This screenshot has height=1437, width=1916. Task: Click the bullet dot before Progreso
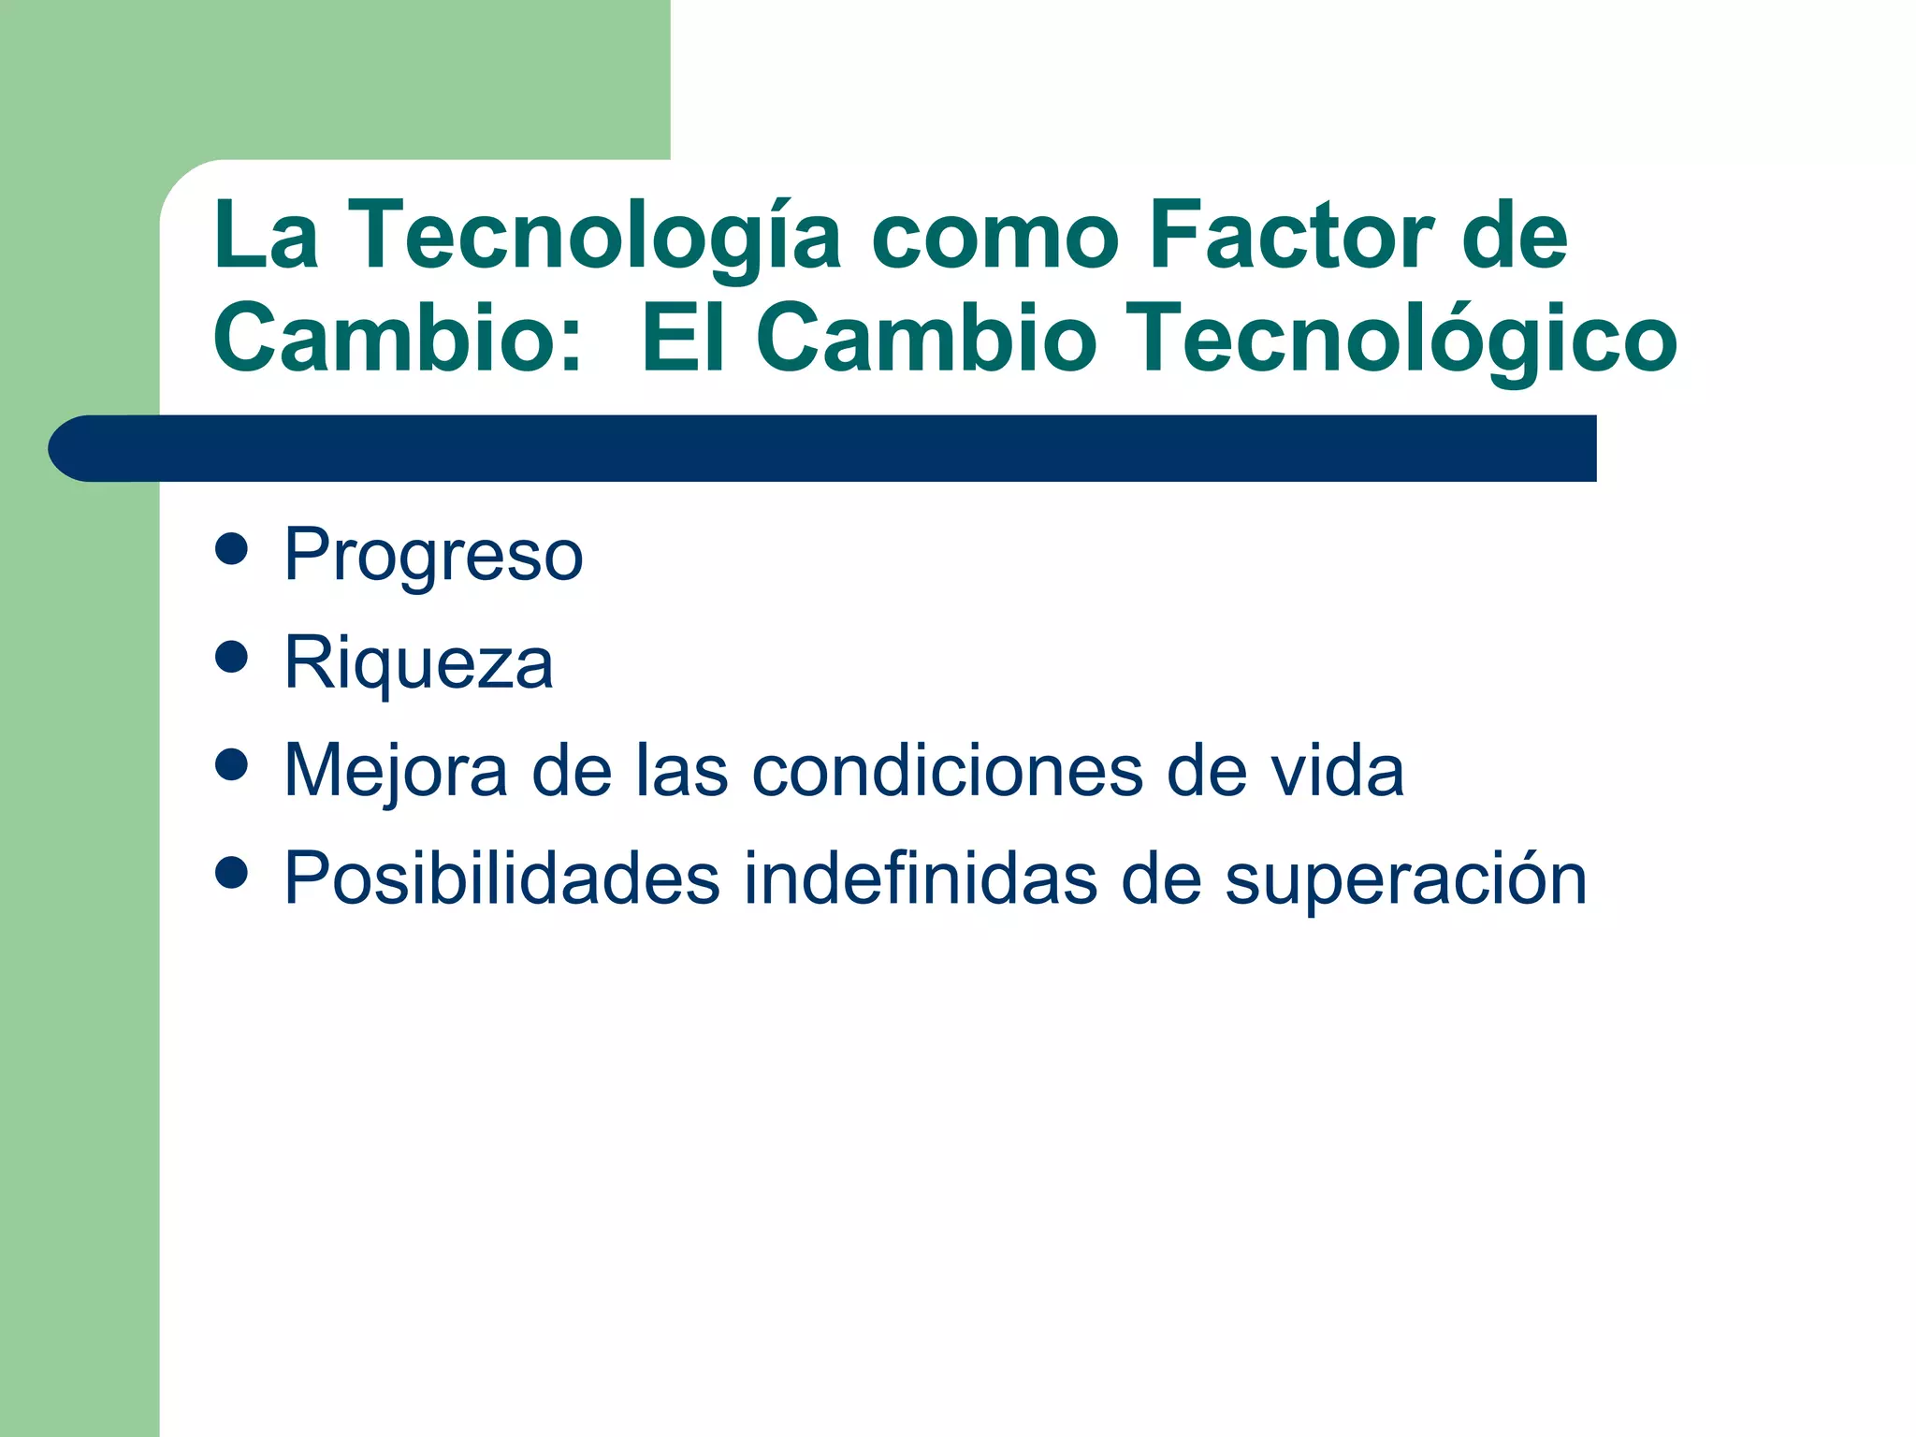231,549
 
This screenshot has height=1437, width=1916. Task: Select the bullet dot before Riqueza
231,657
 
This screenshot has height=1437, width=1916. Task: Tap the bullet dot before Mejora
231,764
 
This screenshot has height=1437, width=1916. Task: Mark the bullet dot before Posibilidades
231,872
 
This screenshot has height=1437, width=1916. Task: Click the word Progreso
433,556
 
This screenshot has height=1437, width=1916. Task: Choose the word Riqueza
418,663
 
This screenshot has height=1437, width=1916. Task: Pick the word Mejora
396,771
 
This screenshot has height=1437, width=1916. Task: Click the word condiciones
947,771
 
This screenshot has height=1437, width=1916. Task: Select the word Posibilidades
502,878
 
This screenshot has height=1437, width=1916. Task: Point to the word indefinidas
921,878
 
